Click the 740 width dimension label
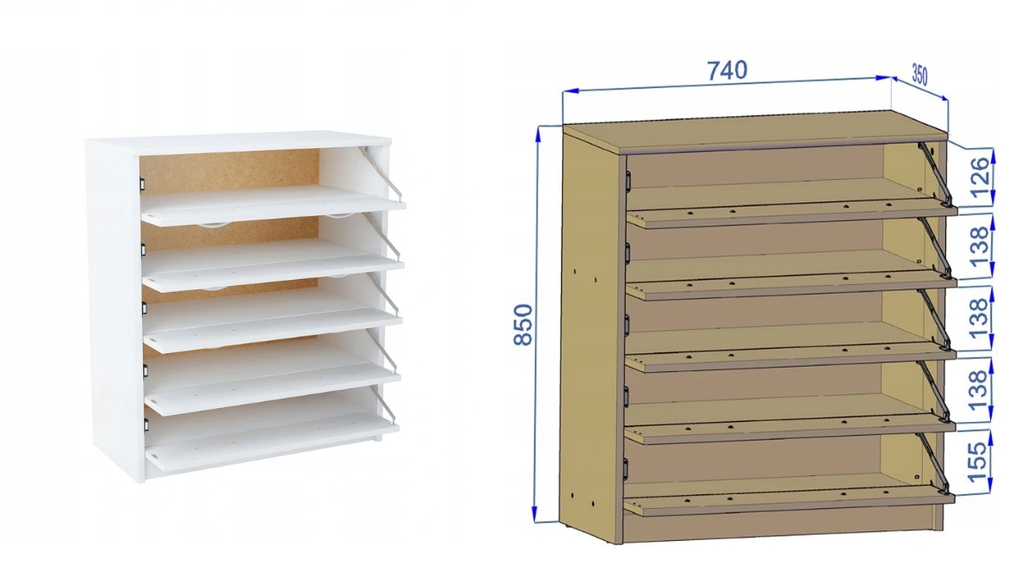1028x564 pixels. click(x=727, y=70)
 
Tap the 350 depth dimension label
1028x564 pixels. click(x=920, y=75)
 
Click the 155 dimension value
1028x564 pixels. click(x=977, y=460)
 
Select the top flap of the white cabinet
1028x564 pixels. click(x=274, y=205)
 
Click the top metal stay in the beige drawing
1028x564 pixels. click(x=936, y=174)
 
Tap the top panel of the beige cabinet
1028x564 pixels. click(x=755, y=132)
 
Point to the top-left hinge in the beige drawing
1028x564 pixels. click(x=628, y=180)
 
